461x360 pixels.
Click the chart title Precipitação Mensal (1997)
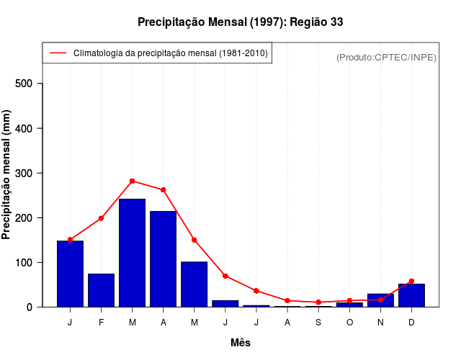click(x=240, y=22)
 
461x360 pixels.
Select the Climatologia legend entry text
click(x=171, y=53)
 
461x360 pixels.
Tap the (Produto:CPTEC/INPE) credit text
click(x=386, y=57)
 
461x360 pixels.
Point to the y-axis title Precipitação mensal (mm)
click(x=7, y=175)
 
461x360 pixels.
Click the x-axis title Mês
click(x=241, y=343)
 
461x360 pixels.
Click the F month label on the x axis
click(x=102, y=322)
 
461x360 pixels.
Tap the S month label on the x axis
click(x=318, y=322)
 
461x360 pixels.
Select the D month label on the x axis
click(x=411, y=322)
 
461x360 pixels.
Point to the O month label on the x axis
click(x=349, y=322)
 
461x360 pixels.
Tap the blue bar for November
click(x=380, y=300)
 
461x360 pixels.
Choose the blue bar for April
click(x=164, y=258)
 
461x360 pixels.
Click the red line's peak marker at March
click(x=133, y=181)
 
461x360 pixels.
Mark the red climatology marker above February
click(x=102, y=218)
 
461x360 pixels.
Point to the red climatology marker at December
click(x=411, y=281)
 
